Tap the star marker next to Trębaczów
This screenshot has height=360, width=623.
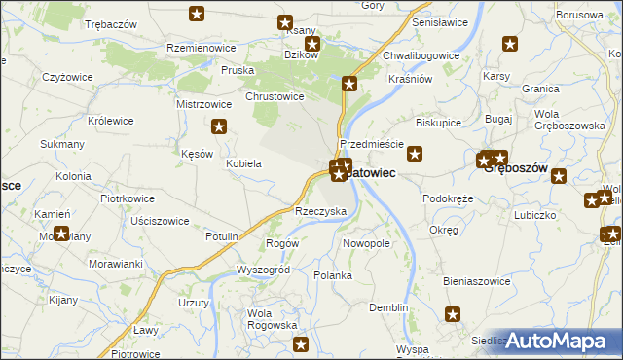tap(198, 14)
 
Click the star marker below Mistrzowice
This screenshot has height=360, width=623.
tap(220, 126)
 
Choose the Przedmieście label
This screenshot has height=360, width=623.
tap(371, 143)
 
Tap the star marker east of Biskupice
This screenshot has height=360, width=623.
tap(415, 153)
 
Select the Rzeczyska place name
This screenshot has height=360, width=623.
tap(321, 211)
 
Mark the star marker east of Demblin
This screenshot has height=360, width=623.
tap(453, 313)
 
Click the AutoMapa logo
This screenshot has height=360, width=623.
tap(559, 341)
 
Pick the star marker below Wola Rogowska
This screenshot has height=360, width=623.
tap(301, 344)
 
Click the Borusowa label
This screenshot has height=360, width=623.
tap(580, 16)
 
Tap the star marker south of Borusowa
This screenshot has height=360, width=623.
tap(510, 44)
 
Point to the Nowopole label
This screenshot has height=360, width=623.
tap(367, 242)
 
